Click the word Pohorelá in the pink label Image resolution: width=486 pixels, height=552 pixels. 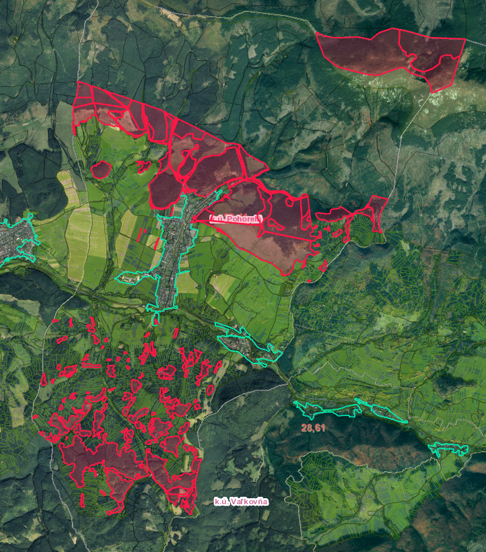click(x=242, y=219)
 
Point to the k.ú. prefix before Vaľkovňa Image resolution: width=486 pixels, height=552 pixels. click(x=221, y=502)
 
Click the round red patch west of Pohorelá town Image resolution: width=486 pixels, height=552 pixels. click(x=101, y=169)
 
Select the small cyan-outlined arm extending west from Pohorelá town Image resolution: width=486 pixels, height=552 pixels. click(x=132, y=277)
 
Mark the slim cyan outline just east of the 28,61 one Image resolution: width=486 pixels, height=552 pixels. click(x=382, y=411)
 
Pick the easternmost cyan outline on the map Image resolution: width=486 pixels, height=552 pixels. click(x=447, y=448)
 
